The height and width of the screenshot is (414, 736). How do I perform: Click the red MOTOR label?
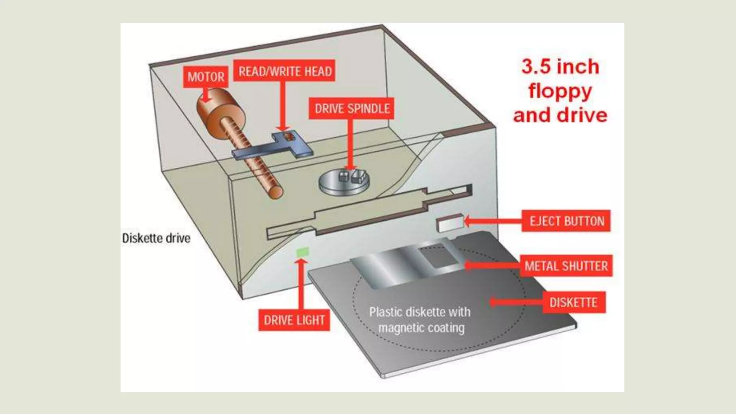206,77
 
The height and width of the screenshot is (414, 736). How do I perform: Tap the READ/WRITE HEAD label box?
285,71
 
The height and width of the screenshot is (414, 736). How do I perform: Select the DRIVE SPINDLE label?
352,109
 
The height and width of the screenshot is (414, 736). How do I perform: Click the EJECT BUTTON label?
566,221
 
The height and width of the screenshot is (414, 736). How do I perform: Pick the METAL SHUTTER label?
566,266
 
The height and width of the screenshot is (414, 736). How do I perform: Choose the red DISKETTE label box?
574,302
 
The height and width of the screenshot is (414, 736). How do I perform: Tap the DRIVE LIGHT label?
294,320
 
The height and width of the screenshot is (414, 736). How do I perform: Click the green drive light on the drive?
302,252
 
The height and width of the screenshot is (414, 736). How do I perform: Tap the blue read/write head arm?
273,149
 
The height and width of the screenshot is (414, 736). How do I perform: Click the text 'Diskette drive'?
156,238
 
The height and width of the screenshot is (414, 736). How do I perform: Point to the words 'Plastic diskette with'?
420,312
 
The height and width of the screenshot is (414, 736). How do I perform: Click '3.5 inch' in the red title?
560,67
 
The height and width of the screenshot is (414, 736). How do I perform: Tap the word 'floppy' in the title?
560,91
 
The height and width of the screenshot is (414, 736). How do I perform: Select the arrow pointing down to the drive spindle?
351,144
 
